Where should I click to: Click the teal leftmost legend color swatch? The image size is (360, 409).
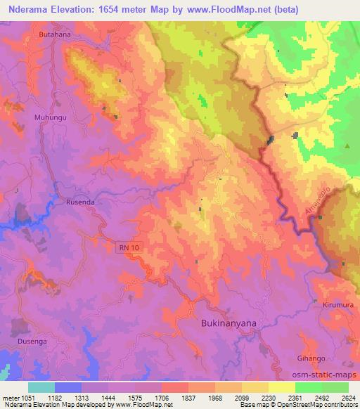(x=41, y=387)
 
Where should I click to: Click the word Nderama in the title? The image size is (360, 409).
(x=32, y=10)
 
